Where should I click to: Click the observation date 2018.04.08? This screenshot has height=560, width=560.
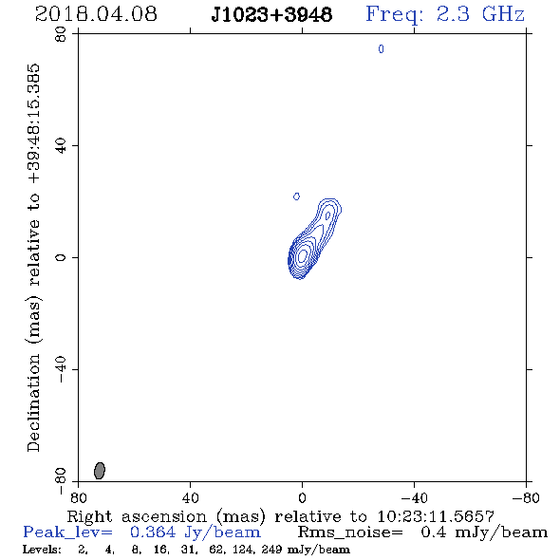click(x=96, y=14)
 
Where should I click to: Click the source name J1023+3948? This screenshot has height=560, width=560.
click(x=271, y=14)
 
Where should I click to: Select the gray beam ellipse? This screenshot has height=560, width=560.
click(x=100, y=471)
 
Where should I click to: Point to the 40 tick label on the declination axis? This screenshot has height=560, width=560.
click(x=61, y=146)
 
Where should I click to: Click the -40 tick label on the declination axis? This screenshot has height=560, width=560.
click(x=61, y=369)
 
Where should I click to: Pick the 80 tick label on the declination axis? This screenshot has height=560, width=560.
click(x=61, y=34)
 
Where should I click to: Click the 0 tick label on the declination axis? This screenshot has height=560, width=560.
click(x=61, y=257)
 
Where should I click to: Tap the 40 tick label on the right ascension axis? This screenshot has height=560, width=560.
click(x=190, y=498)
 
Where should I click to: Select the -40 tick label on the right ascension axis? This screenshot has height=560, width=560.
click(x=414, y=498)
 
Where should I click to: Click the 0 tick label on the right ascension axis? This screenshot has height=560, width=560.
click(x=302, y=498)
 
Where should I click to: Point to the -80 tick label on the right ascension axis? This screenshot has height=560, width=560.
click(x=526, y=498)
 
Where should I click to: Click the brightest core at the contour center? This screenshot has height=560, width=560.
click(x=302, y=255)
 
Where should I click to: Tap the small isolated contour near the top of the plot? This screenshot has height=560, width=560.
click(x=381, y=49)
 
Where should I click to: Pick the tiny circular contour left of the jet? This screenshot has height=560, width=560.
click(x=296, y=196)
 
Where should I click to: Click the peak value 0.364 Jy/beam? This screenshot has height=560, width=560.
click(x=195, y=532)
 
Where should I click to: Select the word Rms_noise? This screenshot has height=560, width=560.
click(x=350, y=532)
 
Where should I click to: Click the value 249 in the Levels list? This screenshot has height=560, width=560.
click(x=271, y=550)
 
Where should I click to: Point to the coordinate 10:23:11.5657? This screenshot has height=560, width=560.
click(x=436, y=516)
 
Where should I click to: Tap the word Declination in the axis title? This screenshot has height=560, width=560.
click(x=33, y=402)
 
